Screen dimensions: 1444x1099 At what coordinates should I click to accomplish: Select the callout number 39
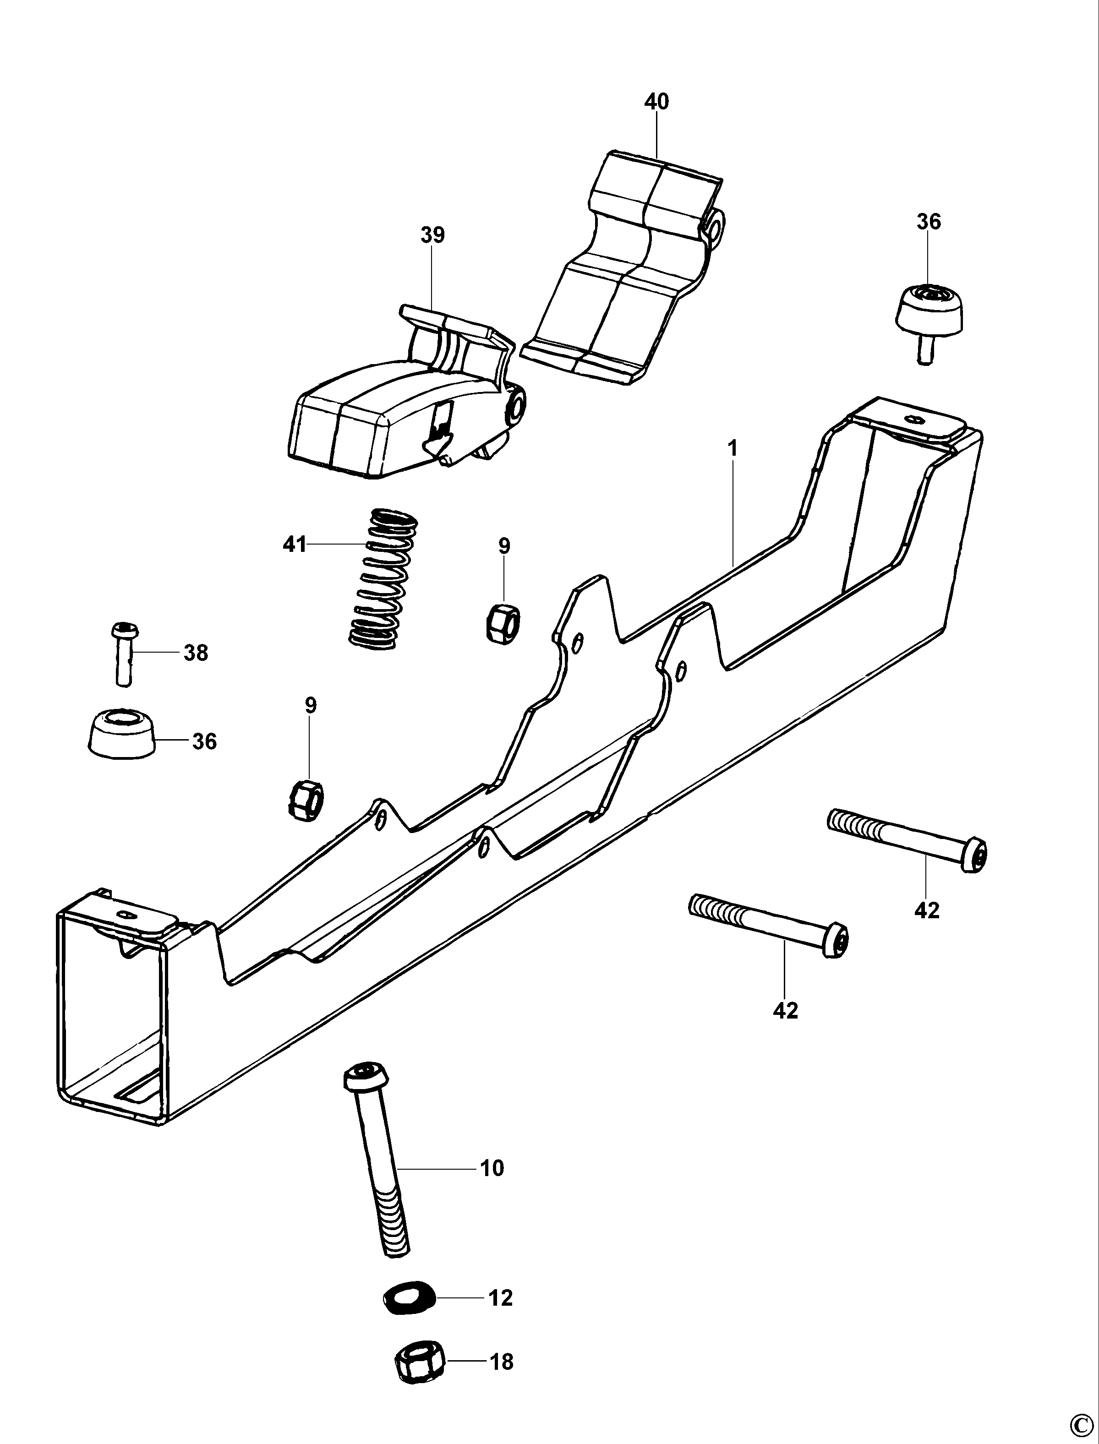pos(432,235)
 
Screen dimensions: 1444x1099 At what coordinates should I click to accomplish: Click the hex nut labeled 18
pos(419,1362)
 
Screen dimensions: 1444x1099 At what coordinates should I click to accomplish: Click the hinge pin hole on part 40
pos(716,227)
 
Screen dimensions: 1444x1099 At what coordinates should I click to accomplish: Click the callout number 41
pos(295,544)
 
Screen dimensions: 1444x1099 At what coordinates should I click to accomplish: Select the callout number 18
pos(501,1362)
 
